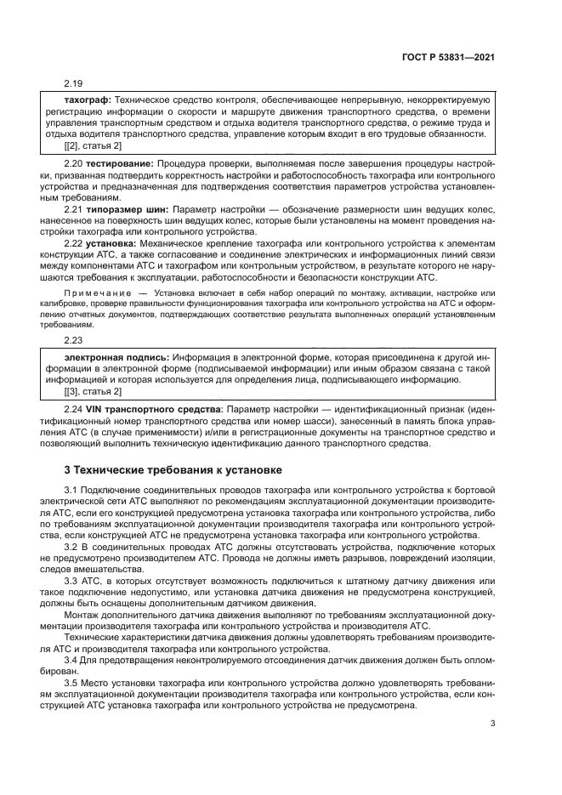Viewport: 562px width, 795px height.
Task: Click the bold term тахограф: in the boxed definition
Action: coord(88,100)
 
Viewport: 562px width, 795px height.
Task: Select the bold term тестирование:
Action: coord(119,162)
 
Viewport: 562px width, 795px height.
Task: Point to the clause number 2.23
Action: coord(75,338)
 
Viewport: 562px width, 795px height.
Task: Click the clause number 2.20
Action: coord(75,162)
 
